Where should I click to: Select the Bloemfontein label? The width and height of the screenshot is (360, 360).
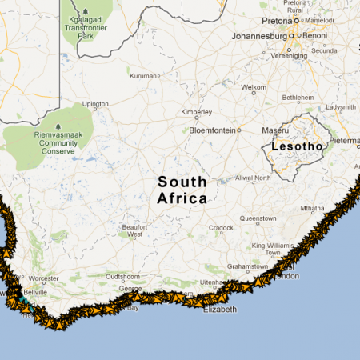click(x=212, y=130)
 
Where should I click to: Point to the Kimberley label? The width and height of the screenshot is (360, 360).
click(x=196, y=112)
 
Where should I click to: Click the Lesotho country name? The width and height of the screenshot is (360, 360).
click(x=297, y=146)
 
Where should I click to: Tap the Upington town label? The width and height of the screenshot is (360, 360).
click(x=95, y=104)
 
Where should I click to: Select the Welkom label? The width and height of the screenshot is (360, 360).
click(x=254, y=86)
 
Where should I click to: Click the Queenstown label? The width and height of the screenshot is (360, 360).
click(x=258, y=218)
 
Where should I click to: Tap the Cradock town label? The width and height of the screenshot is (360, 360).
click(x=222, y=227)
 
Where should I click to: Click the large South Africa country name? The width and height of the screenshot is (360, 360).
click(x=182, y=190)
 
